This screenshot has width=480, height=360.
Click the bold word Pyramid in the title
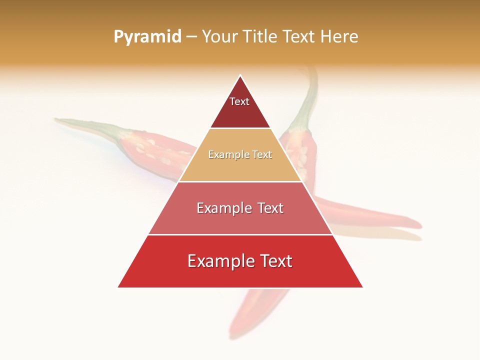tap(147, 37)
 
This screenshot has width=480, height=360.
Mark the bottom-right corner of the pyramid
tap(362, 287)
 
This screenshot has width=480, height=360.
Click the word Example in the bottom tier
tap(220, 261)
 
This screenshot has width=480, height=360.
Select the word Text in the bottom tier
tap(275, 261)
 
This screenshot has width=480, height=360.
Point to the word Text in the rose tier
tap(268, 208)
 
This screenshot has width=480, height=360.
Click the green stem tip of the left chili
tap(58, 120)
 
